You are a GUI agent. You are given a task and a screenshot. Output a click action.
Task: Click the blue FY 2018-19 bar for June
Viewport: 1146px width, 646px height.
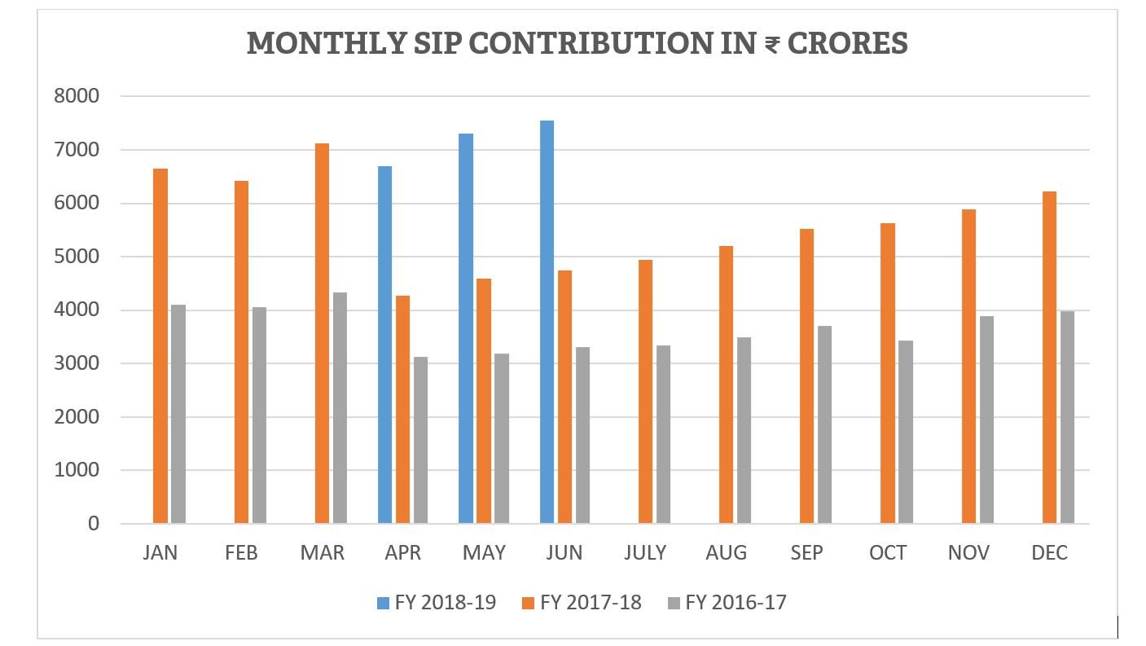tap(547, 322)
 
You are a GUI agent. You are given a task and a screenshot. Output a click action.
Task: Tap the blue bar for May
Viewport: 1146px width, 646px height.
tap(466, 328)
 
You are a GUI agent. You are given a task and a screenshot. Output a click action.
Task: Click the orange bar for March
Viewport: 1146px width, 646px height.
tap(323, 333)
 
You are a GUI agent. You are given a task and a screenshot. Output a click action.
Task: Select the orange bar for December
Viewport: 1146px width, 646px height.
tap(1049, 358)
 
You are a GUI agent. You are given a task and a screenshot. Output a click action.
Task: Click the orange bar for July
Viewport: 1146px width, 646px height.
tap(645, 392)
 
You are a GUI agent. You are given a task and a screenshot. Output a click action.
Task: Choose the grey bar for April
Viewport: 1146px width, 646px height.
tap(420, 440)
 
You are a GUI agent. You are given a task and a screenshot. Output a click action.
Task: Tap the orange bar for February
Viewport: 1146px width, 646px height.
tap(241, 352)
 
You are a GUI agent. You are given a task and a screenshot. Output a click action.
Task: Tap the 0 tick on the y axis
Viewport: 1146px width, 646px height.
tap(92, 524)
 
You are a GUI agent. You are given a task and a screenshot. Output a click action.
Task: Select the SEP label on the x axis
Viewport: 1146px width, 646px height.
tap(806, 553)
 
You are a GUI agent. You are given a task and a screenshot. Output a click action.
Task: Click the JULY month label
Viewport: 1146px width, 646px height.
tap(645, 553)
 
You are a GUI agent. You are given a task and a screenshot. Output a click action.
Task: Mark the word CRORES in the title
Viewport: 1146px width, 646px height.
tap(849, 43)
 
